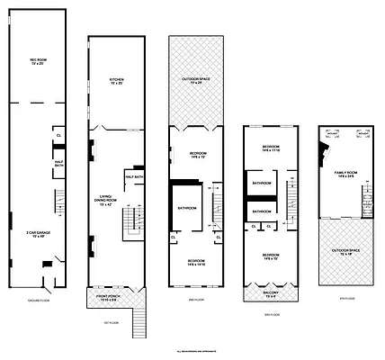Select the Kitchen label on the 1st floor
tap(116, 82)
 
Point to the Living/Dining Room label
tap(105, 201)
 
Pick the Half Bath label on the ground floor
tap(58, 164)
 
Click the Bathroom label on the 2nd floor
tap(187, 208)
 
